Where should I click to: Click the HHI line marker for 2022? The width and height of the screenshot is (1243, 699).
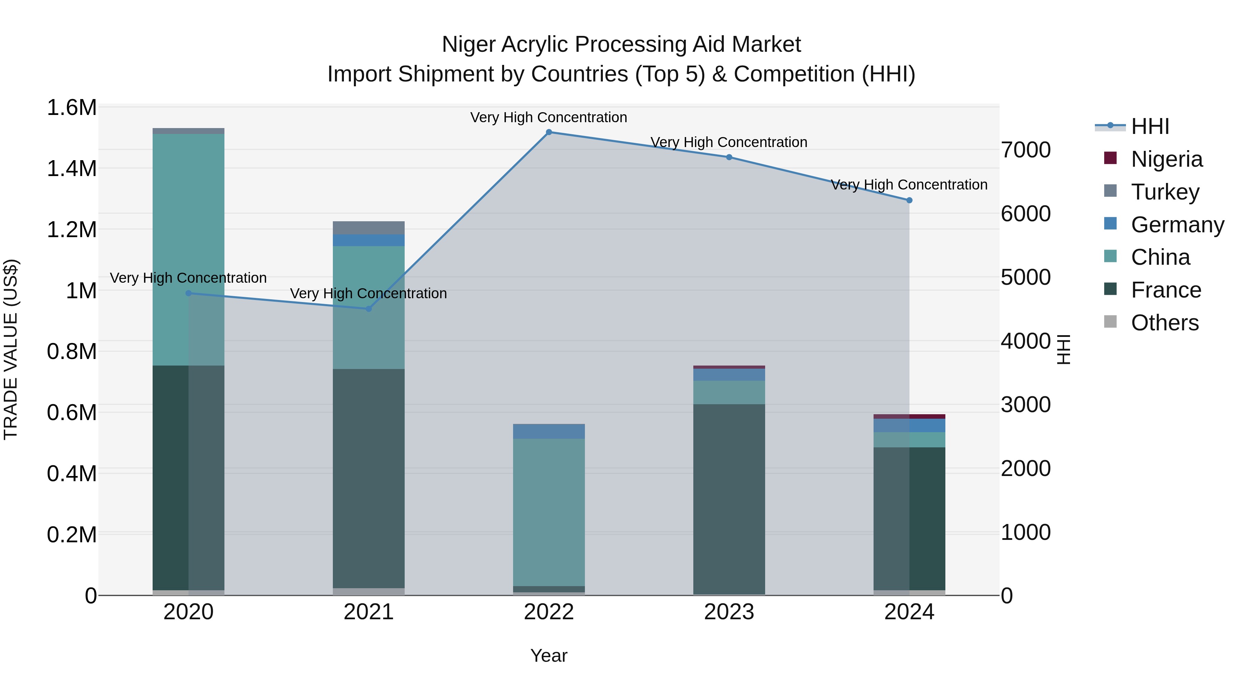tap(549, 132)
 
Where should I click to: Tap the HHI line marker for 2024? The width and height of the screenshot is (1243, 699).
tap(909, 200)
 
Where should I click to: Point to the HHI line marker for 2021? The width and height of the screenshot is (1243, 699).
tap(369, 309)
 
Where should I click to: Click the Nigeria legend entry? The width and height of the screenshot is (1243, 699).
tap(1166, 159)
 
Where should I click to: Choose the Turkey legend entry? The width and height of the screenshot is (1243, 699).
tap(1164, 192)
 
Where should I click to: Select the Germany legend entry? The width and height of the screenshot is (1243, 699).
tap(1176, 225)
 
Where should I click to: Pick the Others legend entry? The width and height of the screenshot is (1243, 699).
tap(1164, 323)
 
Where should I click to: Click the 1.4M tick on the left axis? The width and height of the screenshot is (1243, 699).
tap(71, 169)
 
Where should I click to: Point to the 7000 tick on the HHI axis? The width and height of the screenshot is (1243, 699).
tap(1025, 150)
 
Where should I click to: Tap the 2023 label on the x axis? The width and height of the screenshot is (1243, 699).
tap(729, 612)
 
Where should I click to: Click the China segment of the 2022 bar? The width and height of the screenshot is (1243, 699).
tap(549, 511)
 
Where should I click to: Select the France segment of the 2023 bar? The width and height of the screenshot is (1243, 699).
tap(729, 497)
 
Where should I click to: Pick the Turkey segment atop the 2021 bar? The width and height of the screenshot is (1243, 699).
tap(369, 228)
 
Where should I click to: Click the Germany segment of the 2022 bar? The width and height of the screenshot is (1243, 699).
tap(549, 431)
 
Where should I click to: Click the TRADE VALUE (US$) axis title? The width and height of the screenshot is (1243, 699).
tap(11, 349)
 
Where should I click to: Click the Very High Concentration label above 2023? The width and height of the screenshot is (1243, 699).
tap(729, 142)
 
